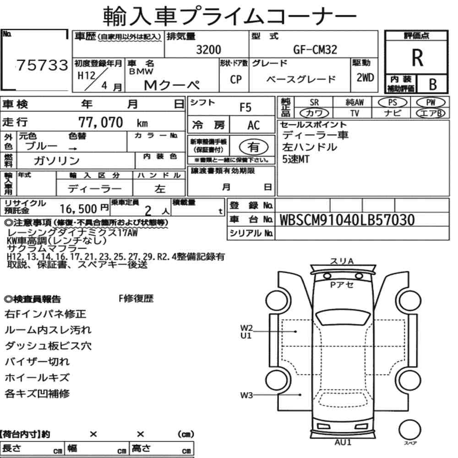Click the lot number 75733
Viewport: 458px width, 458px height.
(x=42, y=65)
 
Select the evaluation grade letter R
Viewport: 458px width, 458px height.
(x=417, y=58)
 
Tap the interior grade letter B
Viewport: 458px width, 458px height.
(x=433, y=84)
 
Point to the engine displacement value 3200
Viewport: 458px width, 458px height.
(x=208, y=49)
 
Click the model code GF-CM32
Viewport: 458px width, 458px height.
(x=315, y=49)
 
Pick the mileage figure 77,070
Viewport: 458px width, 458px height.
(x=100, y=122)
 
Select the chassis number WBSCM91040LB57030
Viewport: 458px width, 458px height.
(x=347, y=220)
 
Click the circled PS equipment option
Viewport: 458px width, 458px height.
(x=393, y=103)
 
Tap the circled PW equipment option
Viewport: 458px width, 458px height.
(x=431, y=103)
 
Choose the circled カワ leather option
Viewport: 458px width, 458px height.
(x=314, y=113)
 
